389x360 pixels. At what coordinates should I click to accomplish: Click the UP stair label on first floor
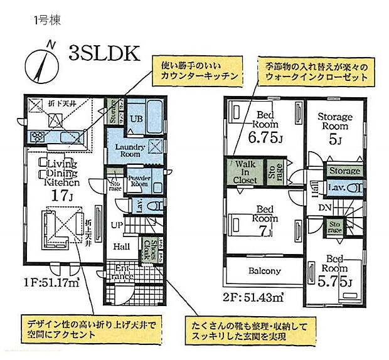117,225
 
